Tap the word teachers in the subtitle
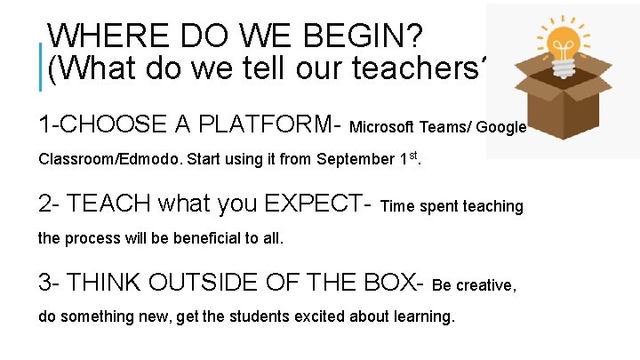point(423,68)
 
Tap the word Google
point(501,126)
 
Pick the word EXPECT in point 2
point(308,204)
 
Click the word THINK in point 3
point(106,283)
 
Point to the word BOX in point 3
point(391,283)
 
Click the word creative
point(484,285)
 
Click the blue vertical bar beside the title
point(41,67)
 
